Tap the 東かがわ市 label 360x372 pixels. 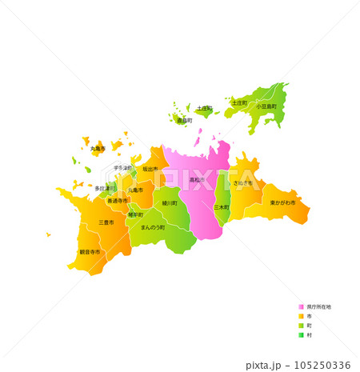pos(282,202)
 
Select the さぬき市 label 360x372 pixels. pos(242,183)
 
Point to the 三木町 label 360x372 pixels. pos(221,206)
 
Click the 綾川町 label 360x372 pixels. pos(169,203)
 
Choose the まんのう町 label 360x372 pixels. pos(152,227)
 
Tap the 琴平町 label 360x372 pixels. pos(135,214)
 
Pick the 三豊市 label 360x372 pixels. pos(106,222)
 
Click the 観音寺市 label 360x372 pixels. pos(90,252)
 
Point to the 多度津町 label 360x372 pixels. pos(105,188)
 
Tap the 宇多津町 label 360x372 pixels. pos(122,168)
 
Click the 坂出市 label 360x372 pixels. pos(150,169)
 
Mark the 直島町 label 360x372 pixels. pos(184,120)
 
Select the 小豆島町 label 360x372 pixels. pos(266,106)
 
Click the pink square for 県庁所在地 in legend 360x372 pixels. pos(301,306)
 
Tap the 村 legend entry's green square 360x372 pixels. pos(301,335)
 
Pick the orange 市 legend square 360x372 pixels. pos(301,316)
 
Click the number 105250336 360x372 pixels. pos(321,365)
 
